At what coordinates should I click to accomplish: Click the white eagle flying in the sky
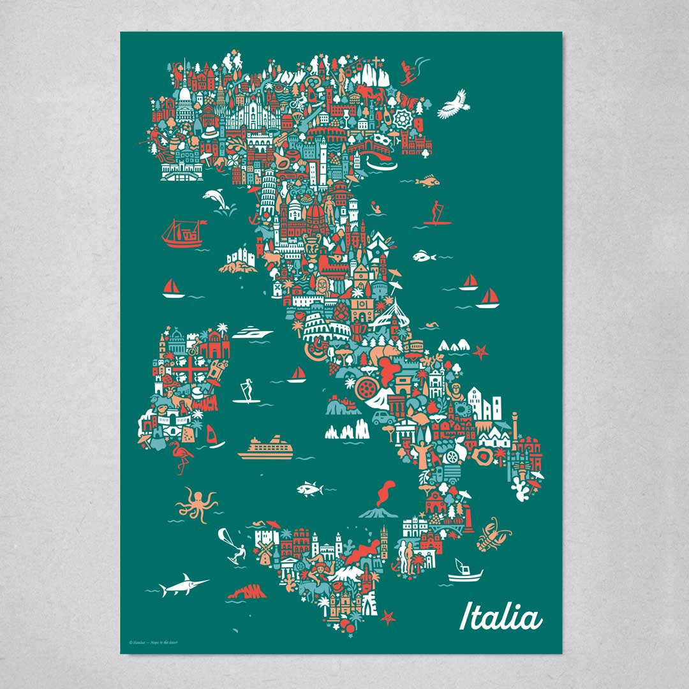pos(454,103)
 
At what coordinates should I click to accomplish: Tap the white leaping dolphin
pos(216,199)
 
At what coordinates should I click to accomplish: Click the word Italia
pos(501,618)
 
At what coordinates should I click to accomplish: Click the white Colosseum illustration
pos(326,327)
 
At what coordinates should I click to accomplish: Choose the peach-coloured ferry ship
pos(266,448)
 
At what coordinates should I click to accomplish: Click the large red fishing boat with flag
pos(182,234)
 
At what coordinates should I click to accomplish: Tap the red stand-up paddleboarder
pos(435,213)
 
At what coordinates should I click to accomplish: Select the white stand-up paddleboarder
pos(245,391)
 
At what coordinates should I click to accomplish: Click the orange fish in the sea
pos(427,182)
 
